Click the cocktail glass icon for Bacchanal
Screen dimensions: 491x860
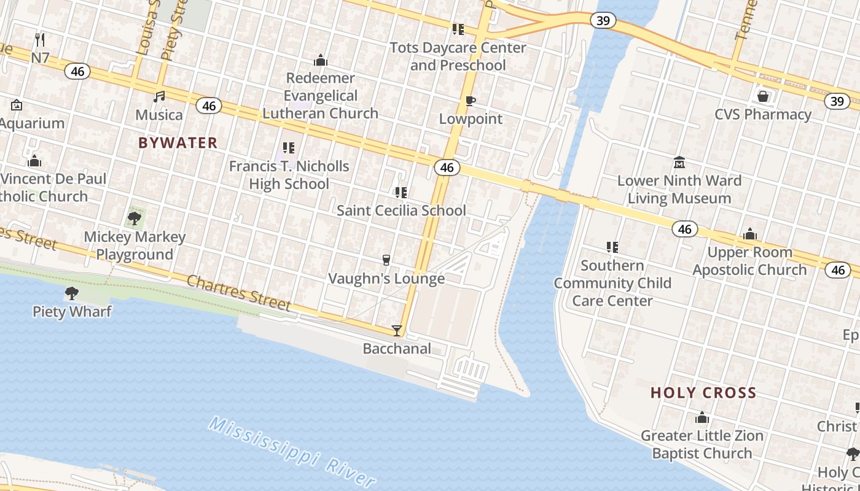(397, 331)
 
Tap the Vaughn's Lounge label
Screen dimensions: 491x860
(386, 279)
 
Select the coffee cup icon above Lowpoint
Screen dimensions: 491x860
(470, 101)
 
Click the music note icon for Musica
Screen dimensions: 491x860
(159, 97)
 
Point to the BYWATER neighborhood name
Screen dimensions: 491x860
(178, 143)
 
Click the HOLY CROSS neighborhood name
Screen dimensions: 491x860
(703, 393)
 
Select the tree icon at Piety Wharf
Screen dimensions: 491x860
(72, 293)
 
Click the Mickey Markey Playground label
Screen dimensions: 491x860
(135, 245)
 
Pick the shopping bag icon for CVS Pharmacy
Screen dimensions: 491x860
(762, 96)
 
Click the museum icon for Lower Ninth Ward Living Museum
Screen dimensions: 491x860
(679, 163)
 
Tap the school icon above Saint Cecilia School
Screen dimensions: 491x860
(401, 193)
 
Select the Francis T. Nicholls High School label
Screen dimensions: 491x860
(289, 175)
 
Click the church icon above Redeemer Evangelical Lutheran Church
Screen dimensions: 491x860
(320, 60)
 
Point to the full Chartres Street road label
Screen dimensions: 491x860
(238, 292)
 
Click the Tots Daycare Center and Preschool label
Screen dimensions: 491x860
(458, 56)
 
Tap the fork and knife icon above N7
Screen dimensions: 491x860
(40, 40)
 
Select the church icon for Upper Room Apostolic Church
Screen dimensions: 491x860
(749, 234)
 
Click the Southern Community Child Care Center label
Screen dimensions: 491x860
(612, 283)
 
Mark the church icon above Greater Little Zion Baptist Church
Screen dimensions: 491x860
(702, 419)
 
